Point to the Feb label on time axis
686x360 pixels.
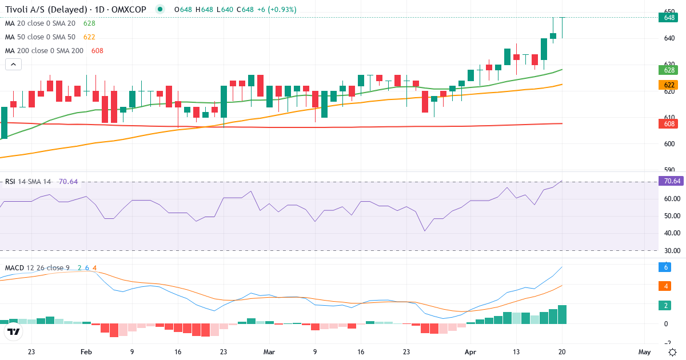86,352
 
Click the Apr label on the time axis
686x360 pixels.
470,352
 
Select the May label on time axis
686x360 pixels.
644,352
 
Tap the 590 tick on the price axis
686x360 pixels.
669,170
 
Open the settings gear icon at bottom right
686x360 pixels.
673,351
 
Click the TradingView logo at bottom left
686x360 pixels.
14,331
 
